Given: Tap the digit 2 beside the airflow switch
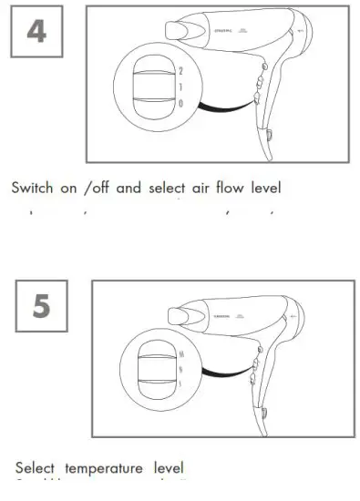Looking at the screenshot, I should coord(180,69).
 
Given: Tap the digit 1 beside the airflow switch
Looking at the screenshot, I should coord(180,87).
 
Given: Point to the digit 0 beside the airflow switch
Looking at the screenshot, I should coord(180,104).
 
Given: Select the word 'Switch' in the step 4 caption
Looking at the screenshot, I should coord(32,189).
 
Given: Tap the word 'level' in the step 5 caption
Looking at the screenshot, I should coord(167,468).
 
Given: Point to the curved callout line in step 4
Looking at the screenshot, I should coord(224,107).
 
